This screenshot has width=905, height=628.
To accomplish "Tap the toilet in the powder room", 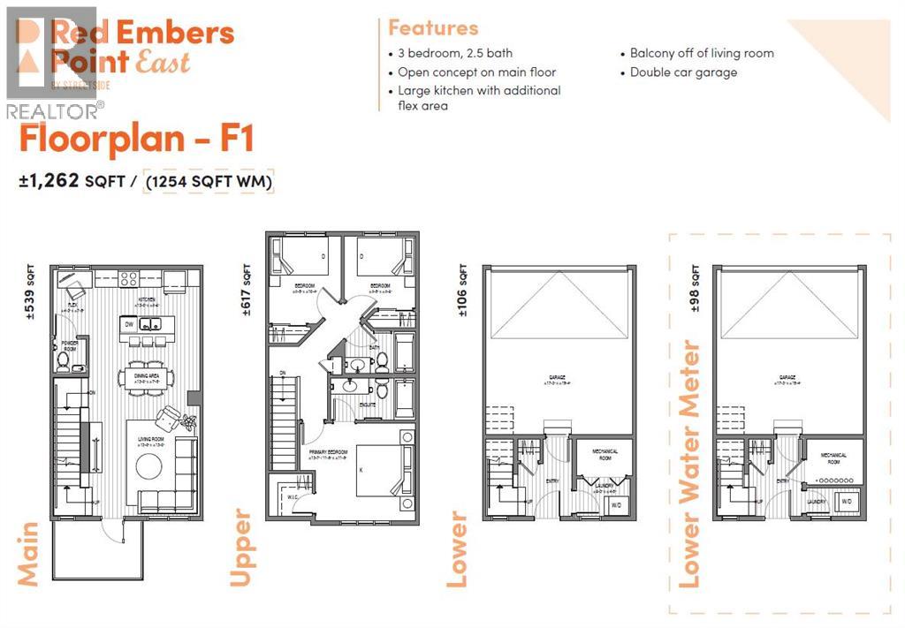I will (x=64, y=359).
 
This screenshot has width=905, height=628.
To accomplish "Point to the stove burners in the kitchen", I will (x=128, y=279).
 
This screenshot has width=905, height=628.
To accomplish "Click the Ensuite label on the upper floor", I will (x=367, y=405).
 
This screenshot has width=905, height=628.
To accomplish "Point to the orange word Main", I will (x=27, y=554).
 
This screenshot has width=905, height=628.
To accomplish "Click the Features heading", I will (x=433, y=28).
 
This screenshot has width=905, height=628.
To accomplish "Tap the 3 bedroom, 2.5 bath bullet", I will (x=454, y=53).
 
